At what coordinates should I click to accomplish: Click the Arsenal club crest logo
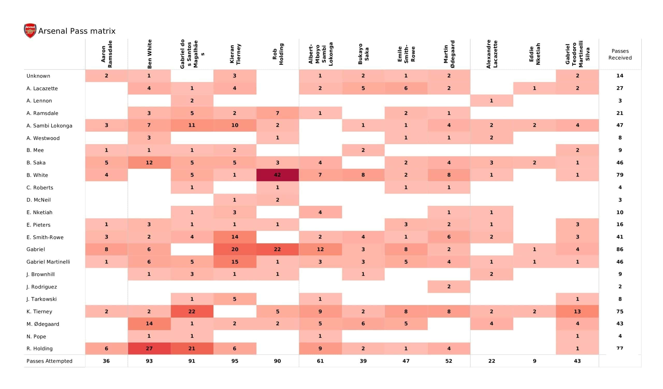pos(30,31)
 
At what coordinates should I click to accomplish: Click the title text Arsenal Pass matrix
pos(77,31)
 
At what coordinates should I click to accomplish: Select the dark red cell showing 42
pos(278,175)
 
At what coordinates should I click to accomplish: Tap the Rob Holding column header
pos(278,54)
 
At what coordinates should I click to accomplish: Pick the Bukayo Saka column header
pos(363,54)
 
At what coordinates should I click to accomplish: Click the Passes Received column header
pos(620,54)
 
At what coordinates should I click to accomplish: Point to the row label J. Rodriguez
pos(42,287)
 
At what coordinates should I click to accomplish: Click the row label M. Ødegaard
pos(43,324)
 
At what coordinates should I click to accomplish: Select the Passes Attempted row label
pos(49,361)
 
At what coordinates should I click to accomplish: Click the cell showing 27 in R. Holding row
pos(149,349)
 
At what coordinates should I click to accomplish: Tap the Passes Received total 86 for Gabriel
pos(620,249)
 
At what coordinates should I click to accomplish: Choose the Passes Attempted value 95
pos(235,361)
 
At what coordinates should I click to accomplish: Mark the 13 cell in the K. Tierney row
pos(577,311)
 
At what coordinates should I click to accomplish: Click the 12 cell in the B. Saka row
pos(149,163)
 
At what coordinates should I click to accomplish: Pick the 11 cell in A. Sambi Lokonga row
pos(192,125)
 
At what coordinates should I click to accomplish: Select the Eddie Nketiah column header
pos(535,54)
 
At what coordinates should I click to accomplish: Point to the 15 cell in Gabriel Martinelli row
pos(235,262)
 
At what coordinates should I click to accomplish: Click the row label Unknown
pos(38,76)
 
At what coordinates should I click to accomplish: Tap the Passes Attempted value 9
pos(535,361)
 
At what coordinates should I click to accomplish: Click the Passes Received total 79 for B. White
pos(620,175)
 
